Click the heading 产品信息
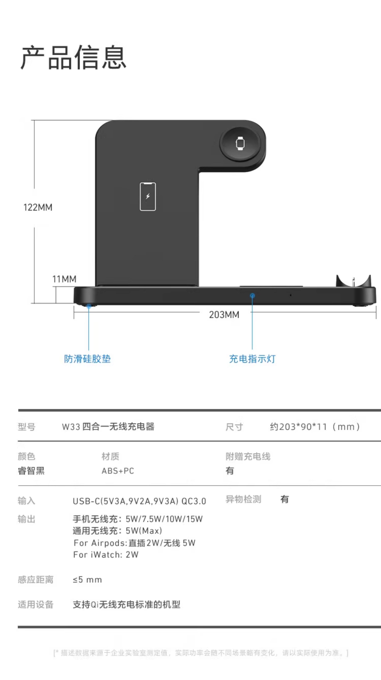click(x=73, y=57)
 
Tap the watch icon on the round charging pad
click(x=240, y=143)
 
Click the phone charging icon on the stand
click(x=148, y=197)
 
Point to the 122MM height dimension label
click(x=38, y=208)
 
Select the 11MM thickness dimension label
click(x=64, y=279)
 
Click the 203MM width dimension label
click(x=224, y=315)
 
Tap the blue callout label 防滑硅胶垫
click(x=87, y=359)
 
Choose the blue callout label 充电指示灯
click(x=252, y=359)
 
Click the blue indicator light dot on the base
click(x=253, y=296)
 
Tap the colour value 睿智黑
click(x=31, y=471)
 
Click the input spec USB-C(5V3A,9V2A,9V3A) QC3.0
click(x=139, y=501)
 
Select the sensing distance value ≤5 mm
click(x=87, y=580)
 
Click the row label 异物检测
click(x=243, y=499)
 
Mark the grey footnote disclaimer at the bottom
click(x=200, y=653)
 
